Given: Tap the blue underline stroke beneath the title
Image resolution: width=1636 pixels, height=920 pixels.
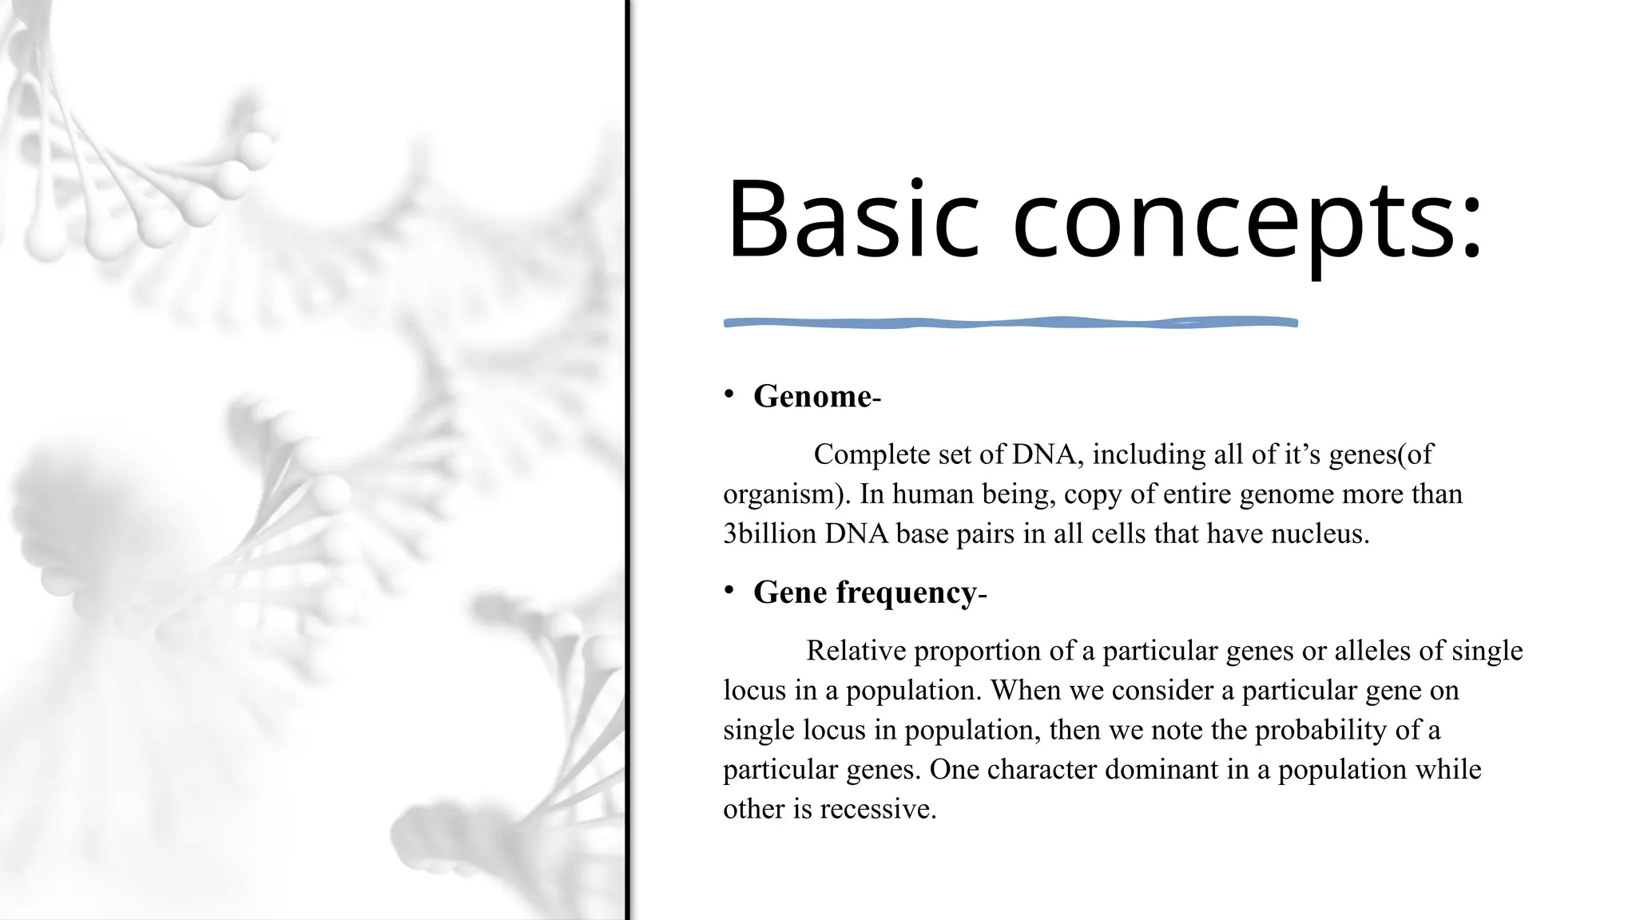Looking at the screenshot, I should pyautogui.click(x=1011, y=323).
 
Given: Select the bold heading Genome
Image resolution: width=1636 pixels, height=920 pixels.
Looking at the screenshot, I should pyautogui.click(x=812, y=396).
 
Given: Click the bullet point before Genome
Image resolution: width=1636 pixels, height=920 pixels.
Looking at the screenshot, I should pyautogui.click(x=729, y=394).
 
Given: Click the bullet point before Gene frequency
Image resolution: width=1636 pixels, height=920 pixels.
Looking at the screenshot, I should pyautogui.click(x=729, y=590).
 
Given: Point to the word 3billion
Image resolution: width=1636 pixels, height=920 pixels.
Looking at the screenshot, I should pyautogui.click(x=769, y=533).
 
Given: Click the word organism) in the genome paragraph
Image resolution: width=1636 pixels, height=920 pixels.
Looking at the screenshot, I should pyautogui.click(x=786, y=494).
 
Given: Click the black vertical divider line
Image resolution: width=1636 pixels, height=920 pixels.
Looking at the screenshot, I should pyautogui.click(x=628, y=460).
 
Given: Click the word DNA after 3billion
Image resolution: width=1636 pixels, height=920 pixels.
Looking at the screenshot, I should pyautogui.click(x=856, y=533).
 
